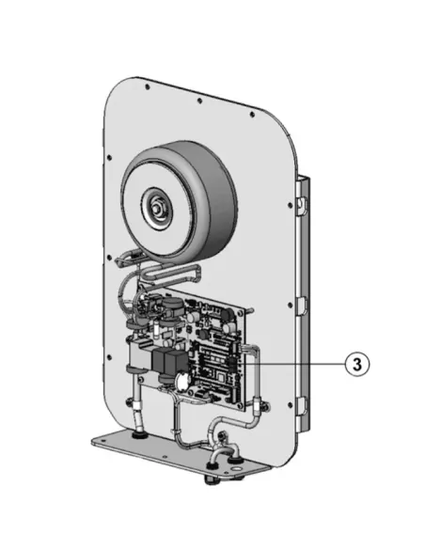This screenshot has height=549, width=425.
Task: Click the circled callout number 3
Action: tap(354, 364)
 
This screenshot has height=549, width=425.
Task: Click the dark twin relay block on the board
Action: tap(165, 364)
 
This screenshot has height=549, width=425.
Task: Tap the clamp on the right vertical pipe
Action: tap(255, 405)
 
